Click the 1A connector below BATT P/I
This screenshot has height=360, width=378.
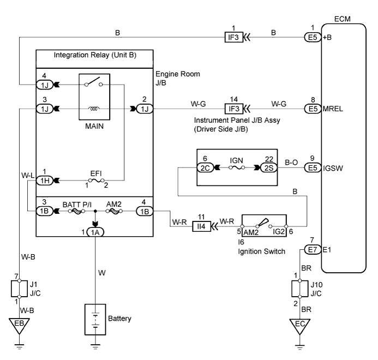pos(95,232)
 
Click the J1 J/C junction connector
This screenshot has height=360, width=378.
pos(19,286)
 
